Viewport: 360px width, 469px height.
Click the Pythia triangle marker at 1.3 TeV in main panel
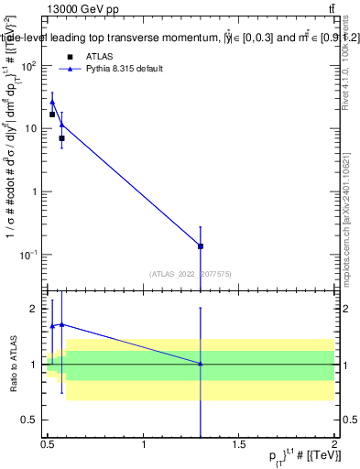(x=201, y=245)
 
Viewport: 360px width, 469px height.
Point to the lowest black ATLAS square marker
(x=61, y=138)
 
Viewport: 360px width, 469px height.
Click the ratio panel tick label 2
(x=36, y=310)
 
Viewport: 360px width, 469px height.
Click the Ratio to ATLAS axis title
(x=12, y=364)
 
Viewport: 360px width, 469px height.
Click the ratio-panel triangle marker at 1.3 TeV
(x=201, y=364)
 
